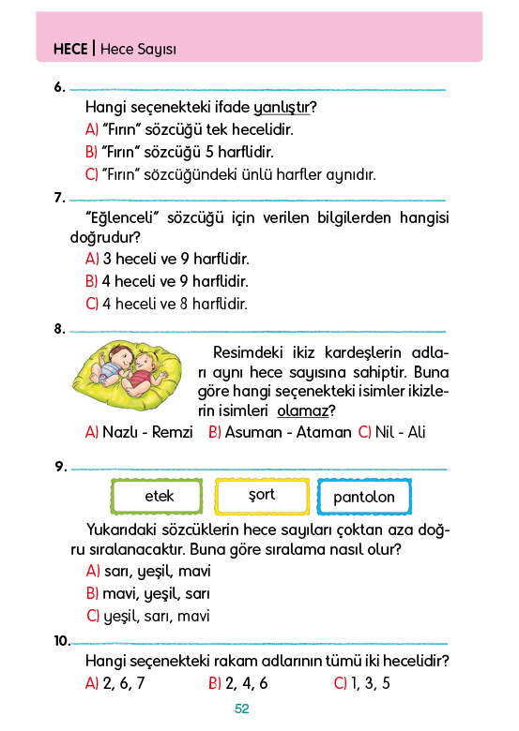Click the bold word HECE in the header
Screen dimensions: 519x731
(x=70, y=49)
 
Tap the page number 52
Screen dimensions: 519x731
(x=242, y=709)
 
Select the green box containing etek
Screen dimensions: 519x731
(x=157, y=496)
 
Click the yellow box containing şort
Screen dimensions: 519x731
(x=262, y=496)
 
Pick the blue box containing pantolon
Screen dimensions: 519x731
(x=364, y=497)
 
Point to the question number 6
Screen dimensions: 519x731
(x=59, y=87)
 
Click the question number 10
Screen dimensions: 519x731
(x=62, y=641)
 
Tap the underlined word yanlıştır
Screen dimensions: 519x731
(x=282, y=108)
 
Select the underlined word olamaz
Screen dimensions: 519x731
(x=303, y=410)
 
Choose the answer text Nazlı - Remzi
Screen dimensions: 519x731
(x=147, y=432)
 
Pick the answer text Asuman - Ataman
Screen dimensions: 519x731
(x=288, y=432)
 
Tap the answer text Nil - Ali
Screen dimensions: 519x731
(x=400, y=432)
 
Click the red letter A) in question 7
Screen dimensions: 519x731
(x=92, y=259)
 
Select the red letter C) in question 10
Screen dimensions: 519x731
(x=341, y=683)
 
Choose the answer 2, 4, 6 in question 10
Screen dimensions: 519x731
(x=247, y=683)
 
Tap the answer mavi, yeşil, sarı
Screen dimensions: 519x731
(x=156, y=594)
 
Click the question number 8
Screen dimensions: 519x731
(x=59, y=329)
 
